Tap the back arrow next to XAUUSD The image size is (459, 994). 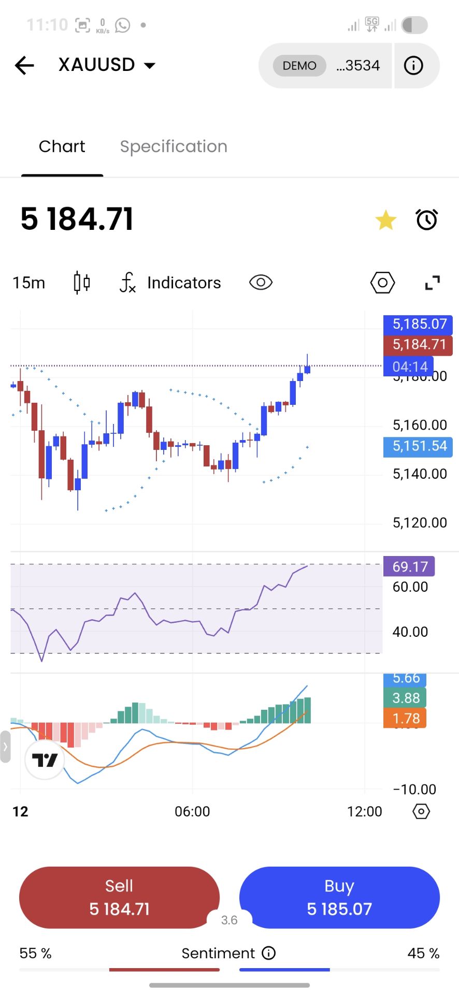pyautogui.click(x=24, y=65)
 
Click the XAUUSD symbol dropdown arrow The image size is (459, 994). pyautogui.click(x=150, y=66)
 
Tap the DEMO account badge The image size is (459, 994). pyautogui.click(x=299, y=66)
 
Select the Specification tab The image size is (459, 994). pyautogui.click(x=174, y=147)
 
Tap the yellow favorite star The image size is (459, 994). pyautogui.click(x=386, y=221)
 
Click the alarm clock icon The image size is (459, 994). pyautogui.click(x=427, y=220)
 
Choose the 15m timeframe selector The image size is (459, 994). pyautogui.click(x=29, y=283)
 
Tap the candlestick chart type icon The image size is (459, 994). pyautogui.click(x=81, y=283)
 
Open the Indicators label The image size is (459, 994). pyautogui.click(x=184, y=283)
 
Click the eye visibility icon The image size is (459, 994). pyautogui.click(x=261, y=283)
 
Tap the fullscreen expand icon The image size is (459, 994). pyautogui.click(x=432, y=283)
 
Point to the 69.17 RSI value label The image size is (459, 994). pyautogui.click(x=409, y=566)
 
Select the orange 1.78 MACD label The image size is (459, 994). pyautogui.click(x=405, y=719)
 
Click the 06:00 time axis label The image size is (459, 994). pyautogui.click(x=192, y=811)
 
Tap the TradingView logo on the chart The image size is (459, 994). pyautogui.click(x=45, y=760)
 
